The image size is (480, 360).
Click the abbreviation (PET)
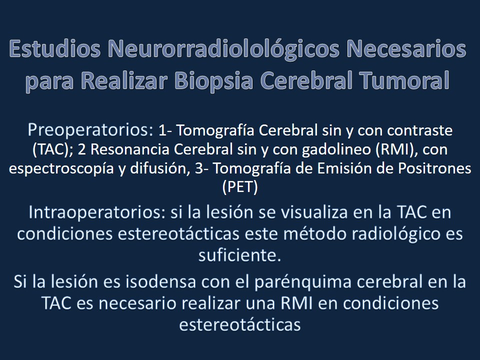pyautogui.click(x=239, y=187)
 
